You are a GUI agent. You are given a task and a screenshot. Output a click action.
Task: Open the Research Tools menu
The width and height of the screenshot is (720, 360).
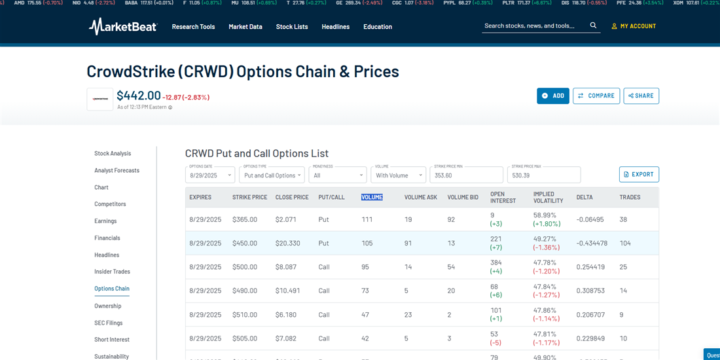pyautogui.click(x=193, y=27)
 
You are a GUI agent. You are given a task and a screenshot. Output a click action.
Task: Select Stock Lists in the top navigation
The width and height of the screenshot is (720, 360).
pyautogui.click(x=292, y=27)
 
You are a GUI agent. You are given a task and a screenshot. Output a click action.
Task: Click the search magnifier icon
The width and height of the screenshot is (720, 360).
pyautogui.click(x=593, y=26)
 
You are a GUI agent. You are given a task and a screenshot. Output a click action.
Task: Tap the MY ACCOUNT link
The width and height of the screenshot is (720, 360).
pyautogui.click(x=634, y=26)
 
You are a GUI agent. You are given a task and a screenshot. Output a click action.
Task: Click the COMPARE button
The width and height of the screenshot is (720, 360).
pyautogui.click(x=596, y=96)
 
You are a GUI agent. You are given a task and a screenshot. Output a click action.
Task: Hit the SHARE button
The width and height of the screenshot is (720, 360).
pyautogui.click(x=641, y=96)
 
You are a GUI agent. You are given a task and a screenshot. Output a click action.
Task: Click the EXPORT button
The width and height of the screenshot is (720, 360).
pyautogui.click(x=639, y=174)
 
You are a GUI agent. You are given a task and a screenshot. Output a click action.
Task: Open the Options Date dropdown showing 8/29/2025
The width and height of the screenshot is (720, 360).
pyautogui.click(x=210, y=175)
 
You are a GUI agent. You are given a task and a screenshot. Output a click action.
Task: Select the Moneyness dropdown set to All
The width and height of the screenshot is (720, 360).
pyautogui.click(x=338, y=175)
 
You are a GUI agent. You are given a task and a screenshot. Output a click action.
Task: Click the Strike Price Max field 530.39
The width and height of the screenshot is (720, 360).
pyautogui.click(x=543, y=175)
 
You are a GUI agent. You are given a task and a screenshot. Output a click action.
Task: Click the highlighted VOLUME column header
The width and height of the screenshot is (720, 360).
pyautogui.click(x=372, y=197)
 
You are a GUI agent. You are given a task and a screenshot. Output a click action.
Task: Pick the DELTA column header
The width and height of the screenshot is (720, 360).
pyautogui.click(x=585, y=197)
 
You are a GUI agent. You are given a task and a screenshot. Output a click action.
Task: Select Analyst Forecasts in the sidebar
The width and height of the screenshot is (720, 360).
pyautogui.click(x=117, y=170)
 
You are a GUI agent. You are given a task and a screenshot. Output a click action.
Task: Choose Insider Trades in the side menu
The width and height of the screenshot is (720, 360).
pyautogui.click(x=112, y=272)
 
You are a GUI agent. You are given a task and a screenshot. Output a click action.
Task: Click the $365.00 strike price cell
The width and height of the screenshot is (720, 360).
pyautogui.click(x=245, y=219)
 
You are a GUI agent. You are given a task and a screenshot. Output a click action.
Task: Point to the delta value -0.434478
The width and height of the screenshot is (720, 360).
pyautogui.click(x=592, y=243)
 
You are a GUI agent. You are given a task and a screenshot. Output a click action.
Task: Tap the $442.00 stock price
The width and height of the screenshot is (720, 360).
pyautogui.click(x=139, y=96)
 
